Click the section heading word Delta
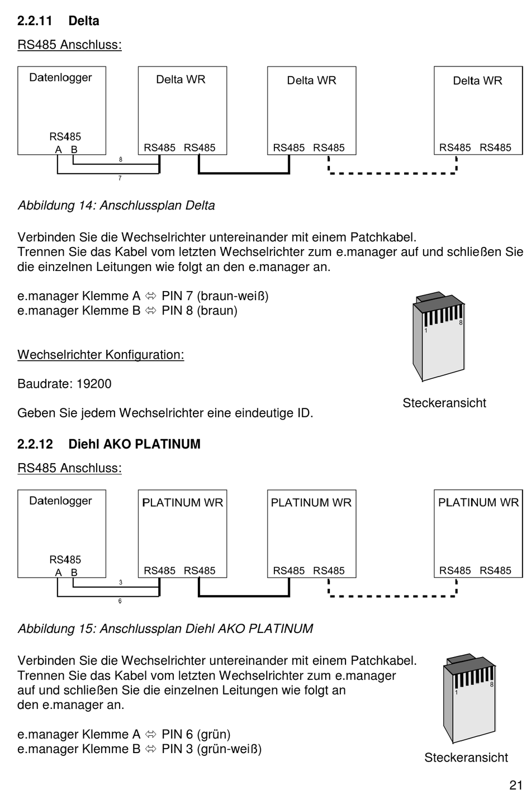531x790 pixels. tap(84, 21)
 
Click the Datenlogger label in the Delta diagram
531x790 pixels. tap(60, 78)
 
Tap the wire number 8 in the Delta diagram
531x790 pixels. tap(120, 160)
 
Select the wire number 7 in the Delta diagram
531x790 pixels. tap(120, 178)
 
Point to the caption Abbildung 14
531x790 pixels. tap(116, 206)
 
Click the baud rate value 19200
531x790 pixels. tap(94, 384)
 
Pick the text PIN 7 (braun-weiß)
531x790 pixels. tap(215, 296)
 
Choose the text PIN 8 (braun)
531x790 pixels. tap(199, 311)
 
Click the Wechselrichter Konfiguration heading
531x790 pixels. tap(101, 355)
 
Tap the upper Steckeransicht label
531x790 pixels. tap(444, 403)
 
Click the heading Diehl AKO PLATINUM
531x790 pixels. tap(134, 444)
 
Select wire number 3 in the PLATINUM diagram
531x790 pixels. tap(120, 583)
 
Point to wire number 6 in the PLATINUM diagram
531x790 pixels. tap(120, 601)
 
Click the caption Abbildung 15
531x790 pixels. tap(165, 629)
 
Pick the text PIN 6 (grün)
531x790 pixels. tap(196, 734)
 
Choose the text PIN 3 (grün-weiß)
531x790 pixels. tap(211, 749)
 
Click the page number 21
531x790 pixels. tap(515, 784)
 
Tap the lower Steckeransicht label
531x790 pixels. tap(466, 758)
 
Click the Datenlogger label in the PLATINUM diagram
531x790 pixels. tap(60, 501)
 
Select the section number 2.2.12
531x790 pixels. tap(35, 444)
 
